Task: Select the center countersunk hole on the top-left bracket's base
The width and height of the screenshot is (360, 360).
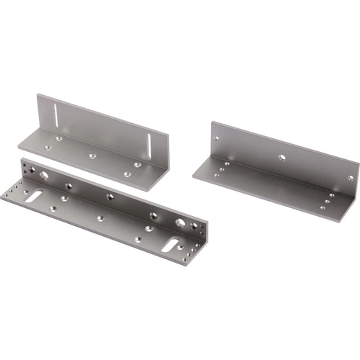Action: pyautogui.click(x=91, y=154)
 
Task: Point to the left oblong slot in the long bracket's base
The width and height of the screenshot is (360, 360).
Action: pyautogui.click(x=32, y=197)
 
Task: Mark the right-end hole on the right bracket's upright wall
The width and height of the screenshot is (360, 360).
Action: pyautogui.click(x=350, y=177)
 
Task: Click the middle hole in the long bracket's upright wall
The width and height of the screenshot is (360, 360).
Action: pyautogui.click(x=111, y=196)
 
